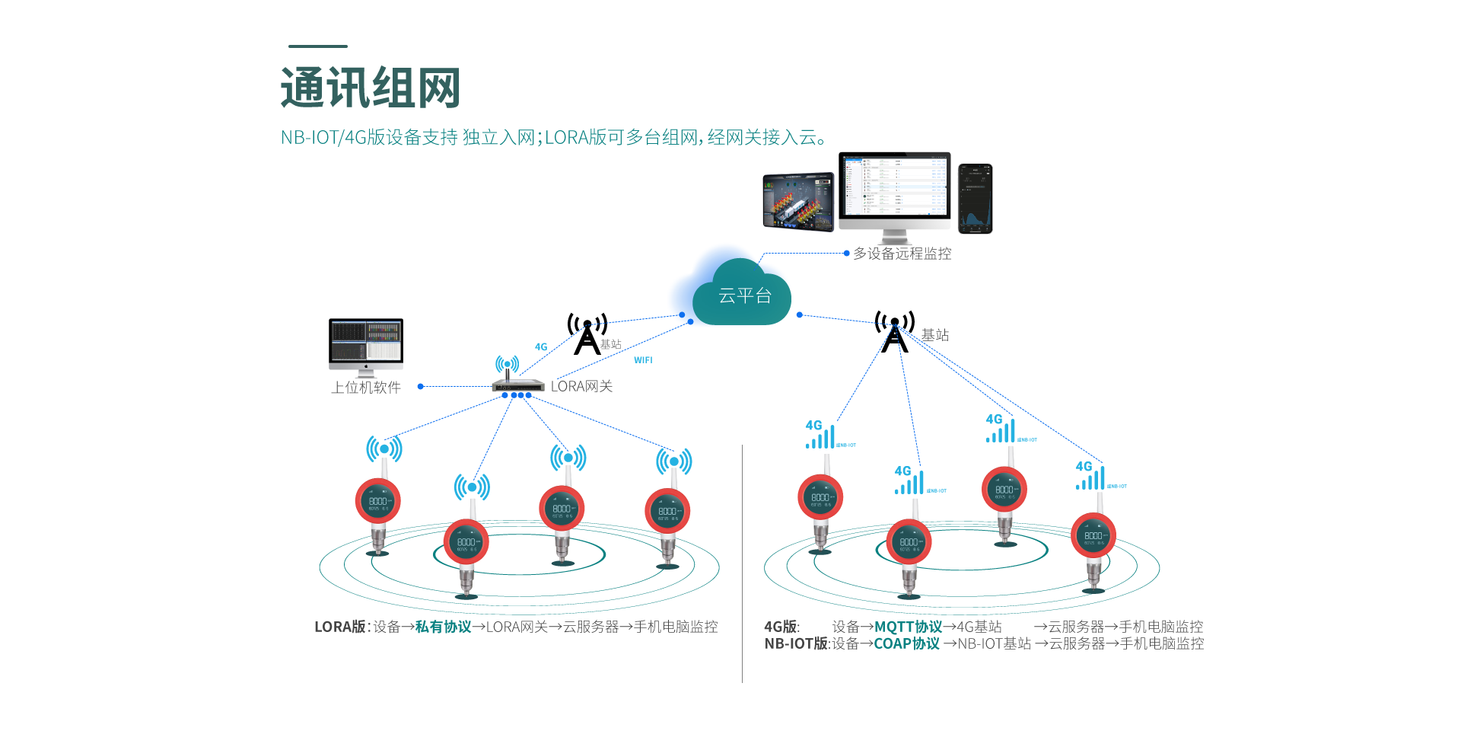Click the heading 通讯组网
(371, 88)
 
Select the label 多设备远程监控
(902, 254)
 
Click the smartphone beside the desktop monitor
(975, 198)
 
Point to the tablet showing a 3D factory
(798, 201)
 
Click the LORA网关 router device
(517, 383)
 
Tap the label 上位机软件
(365, 388)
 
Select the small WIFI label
(643, 360)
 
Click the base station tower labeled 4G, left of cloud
(587, 335)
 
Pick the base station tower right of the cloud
(894, 333)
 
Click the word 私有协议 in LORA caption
(443, 627)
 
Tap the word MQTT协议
(908, 627)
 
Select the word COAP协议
(906, 643)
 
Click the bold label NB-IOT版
(796, 643)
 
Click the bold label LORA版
(340, 627)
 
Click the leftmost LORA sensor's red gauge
(378, 501)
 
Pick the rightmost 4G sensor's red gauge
(1093, 535)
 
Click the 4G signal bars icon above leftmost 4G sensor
(820, 436)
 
